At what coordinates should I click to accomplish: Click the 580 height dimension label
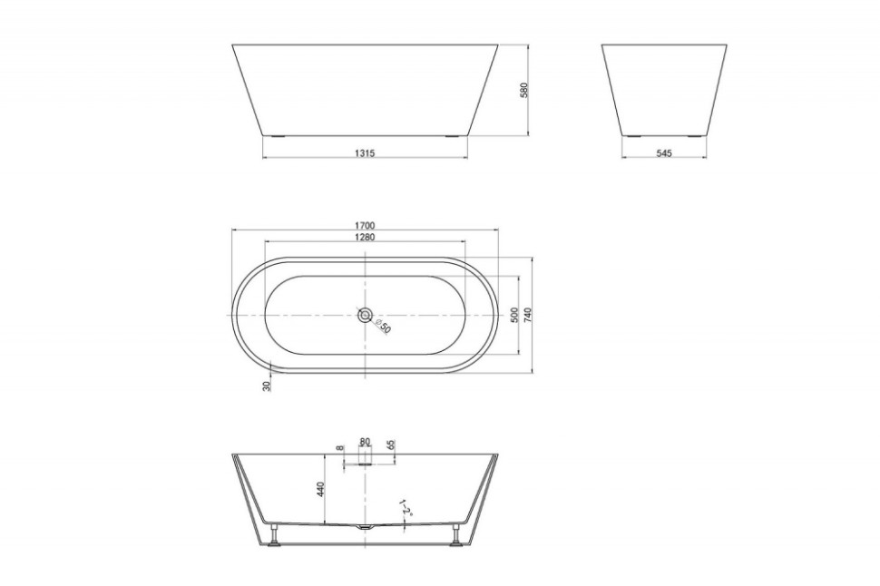(x=524, y=90)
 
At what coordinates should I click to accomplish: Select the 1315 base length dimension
(x=365, y=152)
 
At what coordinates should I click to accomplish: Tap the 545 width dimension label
(x=664, y=152)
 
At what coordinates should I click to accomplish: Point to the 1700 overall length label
(x=365, y=226)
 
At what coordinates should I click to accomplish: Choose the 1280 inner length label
(x=365, y=237)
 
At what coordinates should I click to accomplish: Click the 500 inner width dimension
(x=514, y=315)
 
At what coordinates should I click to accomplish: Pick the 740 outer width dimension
(x=528, y=315)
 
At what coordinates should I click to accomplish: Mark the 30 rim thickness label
(x=267, y=386)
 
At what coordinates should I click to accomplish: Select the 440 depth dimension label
(x=320, y=489)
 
